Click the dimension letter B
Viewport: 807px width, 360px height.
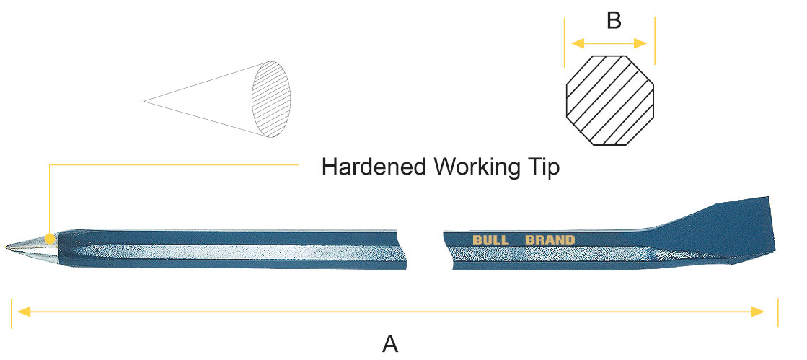614,21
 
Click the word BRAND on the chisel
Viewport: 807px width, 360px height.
550,240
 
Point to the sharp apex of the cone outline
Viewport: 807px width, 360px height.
145,101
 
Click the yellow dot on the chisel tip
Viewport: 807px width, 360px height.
48,238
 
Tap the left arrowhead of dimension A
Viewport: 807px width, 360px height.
24,312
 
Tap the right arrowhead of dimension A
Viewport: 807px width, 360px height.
759,312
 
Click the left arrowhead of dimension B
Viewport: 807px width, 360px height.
576,43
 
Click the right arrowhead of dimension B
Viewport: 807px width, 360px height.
647,43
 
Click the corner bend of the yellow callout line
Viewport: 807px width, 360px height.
49,165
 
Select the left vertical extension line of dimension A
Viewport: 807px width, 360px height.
12,312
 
